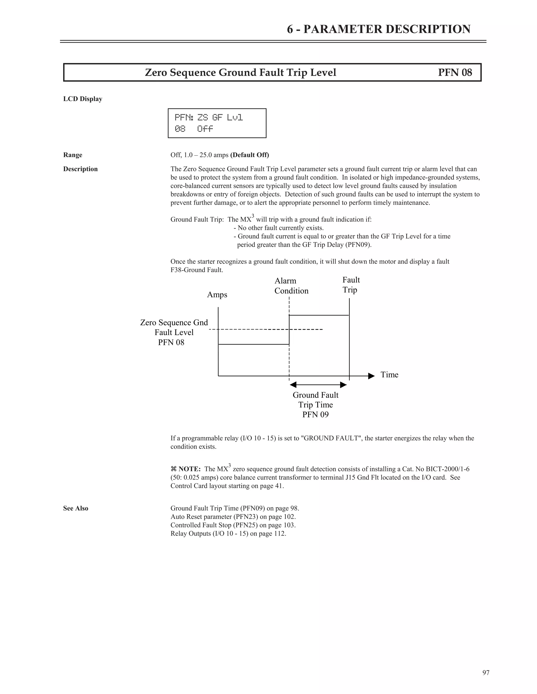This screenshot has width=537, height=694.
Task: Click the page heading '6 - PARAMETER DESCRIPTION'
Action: (378, 29)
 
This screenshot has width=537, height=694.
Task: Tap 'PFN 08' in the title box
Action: (455, 73)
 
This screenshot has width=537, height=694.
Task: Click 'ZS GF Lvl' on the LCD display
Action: (220, 118)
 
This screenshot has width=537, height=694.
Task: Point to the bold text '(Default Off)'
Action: (249, 155)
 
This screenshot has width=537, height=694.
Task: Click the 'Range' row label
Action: (73, 155)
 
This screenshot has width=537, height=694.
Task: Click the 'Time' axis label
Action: (389, 375)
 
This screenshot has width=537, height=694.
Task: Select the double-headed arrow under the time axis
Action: (318, 385)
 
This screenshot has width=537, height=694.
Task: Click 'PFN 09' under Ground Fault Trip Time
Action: (315, 414)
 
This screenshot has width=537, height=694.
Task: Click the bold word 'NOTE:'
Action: (189, 469)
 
